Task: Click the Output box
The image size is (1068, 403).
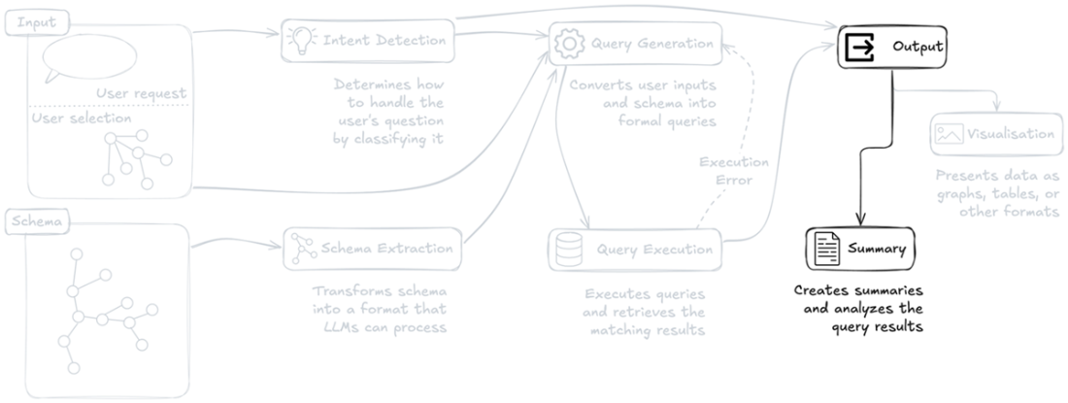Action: coord(891,47)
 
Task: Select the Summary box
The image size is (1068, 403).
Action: coord(859,249)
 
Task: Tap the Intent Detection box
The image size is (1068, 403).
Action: coord(369,41)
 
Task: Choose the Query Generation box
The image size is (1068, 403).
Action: coord(637,43)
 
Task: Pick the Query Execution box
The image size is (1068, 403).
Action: coord(636,250)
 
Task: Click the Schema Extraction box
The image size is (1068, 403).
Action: coord(372,249)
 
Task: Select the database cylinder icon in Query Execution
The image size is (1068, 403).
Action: coord(568,250)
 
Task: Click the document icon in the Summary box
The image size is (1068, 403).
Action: coord(827,249)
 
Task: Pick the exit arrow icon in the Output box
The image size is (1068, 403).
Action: coord(861,47)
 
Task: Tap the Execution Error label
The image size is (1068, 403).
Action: coord(734,171)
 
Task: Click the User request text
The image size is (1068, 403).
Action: coord(141,93)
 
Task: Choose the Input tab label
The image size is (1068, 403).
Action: coord(30,22)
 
